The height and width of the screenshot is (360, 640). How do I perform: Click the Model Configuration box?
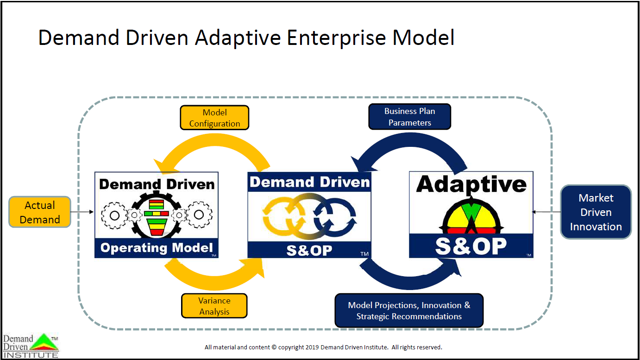[x=214, y=118]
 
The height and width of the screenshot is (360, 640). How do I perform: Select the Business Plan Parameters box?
[x=410, y=117]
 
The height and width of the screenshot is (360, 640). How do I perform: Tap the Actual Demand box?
[x=40, y=212]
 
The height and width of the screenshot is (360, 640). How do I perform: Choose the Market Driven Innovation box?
[x=596, y=212]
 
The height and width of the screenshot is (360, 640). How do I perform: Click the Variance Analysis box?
[x=214, y=306]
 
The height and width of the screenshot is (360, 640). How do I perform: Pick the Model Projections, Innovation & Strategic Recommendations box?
[x=409, y=310]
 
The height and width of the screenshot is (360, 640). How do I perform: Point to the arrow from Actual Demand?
[x=82, y=212]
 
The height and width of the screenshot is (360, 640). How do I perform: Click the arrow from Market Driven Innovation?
[x=546, y=212]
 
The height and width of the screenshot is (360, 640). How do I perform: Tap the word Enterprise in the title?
[x=337, y=38]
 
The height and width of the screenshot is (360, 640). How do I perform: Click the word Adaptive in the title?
[x=238, y=38]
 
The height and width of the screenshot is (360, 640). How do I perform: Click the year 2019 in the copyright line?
[x=312, y=347]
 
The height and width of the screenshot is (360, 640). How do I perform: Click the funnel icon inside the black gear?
[x=156, y=217]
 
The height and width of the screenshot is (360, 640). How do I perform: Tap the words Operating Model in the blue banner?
[x=157, y=247]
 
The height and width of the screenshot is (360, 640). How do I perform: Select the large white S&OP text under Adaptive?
[x=471, y=246]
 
